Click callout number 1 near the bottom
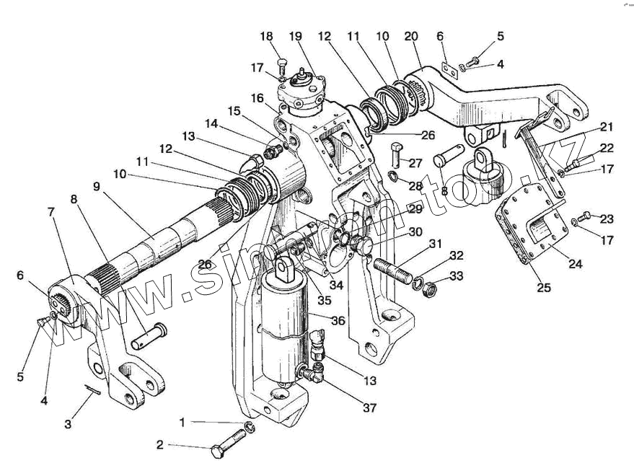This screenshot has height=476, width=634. point(182,421)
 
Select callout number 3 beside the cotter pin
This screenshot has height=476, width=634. point(68,424)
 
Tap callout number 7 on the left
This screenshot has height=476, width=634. point(50,212)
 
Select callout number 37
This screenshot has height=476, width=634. point(369,408)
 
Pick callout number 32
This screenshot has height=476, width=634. point(456,255)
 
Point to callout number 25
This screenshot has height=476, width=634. point(544,287)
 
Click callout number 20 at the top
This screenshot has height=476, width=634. point(411,37)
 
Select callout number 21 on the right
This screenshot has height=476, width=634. point(607,128)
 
